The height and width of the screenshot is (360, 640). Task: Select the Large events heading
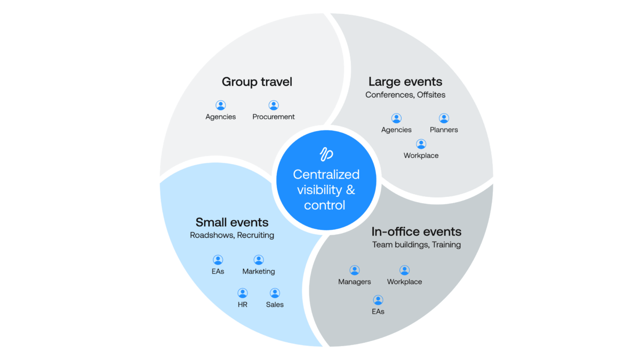pyautogui.click(x=405, y=82)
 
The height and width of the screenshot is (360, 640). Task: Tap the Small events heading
pyautogui.click(x=232, y=222)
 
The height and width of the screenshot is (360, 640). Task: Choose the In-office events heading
pyautogui.click(x=416, y=232)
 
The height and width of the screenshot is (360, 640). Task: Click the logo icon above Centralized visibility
pyautogui.click(x=326, y=154)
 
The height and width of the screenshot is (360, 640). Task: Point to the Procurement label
pyautogui.click(x=274, y=117)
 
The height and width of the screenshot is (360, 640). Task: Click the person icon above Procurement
pyautogui.click(x=274, y=106)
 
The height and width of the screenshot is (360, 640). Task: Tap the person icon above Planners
pyautogui.click(x=444, y=118)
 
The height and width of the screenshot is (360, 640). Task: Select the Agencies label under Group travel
pyautogui.click(x=221, y=117)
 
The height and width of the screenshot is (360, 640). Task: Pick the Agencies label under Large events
pyautogui.click(x=396, y=130)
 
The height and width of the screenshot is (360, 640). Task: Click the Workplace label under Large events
pyautogui.click(x=421, y=156)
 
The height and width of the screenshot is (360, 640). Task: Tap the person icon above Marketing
pyautogui.click(x=259, y=260)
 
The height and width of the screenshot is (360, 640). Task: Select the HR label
pyautogui.click(x=243, y=305)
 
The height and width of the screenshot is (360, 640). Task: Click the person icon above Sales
pyautogui.click(x=275, y=293)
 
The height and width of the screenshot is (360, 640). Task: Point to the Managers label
pyautogui.click(x=355, y=282)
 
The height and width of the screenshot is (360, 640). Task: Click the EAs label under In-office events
pyautogui.click(x=378, y=311)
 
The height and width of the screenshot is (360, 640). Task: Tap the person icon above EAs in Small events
pyautogui.click(x=218, y=260)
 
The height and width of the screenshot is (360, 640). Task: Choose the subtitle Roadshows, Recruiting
pyautogui.click(x=232, y=235)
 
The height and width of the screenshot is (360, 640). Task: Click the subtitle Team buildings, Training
pyautogui.click(x=417, y=245)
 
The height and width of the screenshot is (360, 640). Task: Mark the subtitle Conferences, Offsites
pyautogui.click(x=405, y=95)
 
